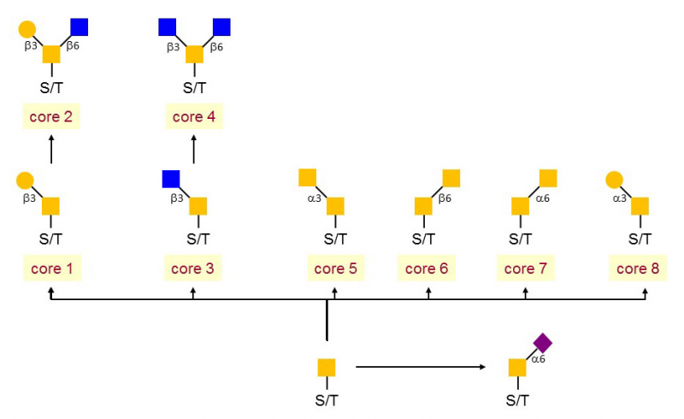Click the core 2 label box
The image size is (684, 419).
tap(51, 116)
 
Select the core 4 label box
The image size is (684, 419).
tap(194, 116)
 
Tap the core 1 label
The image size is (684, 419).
tap(52, 268)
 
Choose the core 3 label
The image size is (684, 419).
tap(193, 268)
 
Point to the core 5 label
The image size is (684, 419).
tap(336, 268)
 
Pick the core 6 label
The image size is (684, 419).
tap(427, 268)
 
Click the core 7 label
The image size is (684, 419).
tap(526, 268)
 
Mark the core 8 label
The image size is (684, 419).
tap(638, 268)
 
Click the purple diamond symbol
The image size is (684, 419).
tap(543, 343)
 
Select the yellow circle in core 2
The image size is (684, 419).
tap(27, 29)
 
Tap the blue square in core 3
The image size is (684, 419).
tap(171, 179)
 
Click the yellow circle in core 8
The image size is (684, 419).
tap(614, 180)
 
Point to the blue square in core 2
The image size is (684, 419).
tap(80, 27)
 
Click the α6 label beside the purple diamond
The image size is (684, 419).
tap(539, 359)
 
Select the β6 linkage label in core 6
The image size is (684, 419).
tap(445, 198)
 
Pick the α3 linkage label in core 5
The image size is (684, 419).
tap(314, 198)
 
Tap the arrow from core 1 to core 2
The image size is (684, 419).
tap(51, 150)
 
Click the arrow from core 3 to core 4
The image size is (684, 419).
tap(194, 150)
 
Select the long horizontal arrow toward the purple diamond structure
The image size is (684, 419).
tap(421, 367)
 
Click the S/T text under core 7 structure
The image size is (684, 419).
tap(521, 239)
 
